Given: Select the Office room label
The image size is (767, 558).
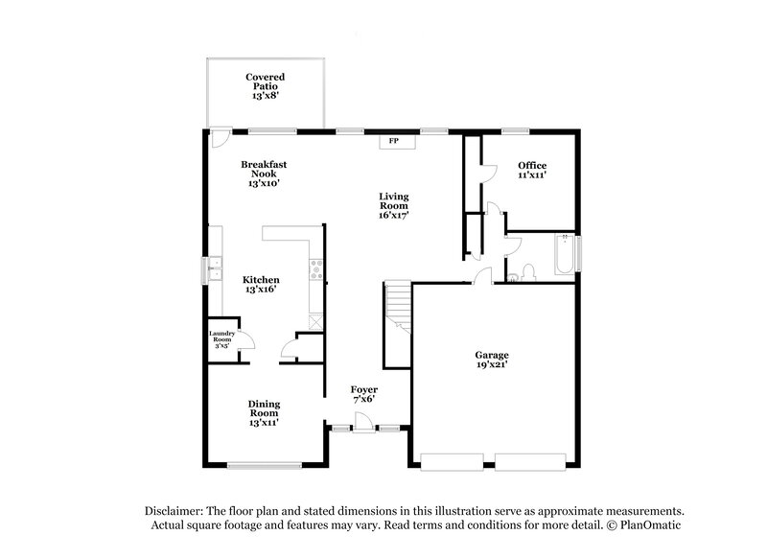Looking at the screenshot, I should [532, 170].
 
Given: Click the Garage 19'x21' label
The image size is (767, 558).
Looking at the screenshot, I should [491, 360].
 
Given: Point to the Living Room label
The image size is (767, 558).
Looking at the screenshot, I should [394, 205].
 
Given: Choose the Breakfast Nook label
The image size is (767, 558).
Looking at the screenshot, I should [264, 174].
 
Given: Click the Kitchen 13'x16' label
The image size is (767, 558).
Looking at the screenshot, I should [261, 285].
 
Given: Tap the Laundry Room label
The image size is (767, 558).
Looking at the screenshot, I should [221, 339].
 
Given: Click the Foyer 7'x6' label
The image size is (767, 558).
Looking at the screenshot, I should [363, 394].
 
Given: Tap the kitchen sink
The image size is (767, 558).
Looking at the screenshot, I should [217, 269].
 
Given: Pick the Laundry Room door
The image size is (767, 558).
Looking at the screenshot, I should [244, 340].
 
